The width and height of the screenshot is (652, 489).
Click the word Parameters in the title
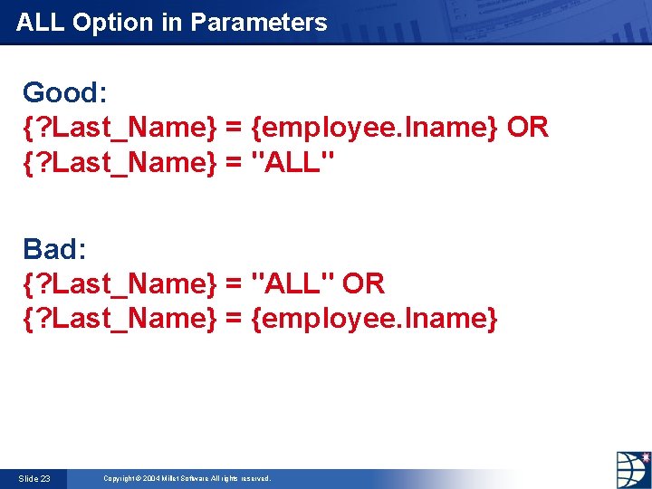click(258, 22)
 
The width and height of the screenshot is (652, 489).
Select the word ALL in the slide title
click(41, 22)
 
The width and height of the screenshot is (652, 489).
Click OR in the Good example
click(528, 128)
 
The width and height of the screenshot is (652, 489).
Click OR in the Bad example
click(364, 283)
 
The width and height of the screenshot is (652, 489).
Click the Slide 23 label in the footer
click(34, 478)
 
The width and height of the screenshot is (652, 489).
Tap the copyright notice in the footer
click(187, 478)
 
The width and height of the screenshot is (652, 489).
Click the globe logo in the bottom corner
click(633, 470)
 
